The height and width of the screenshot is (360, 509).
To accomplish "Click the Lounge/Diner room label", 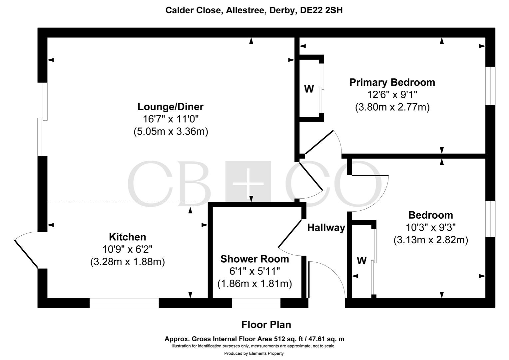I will tap(171, 107).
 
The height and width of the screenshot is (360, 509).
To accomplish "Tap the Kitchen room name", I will tap(128, 237).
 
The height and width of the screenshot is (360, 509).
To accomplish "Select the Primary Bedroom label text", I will tap(392, 82).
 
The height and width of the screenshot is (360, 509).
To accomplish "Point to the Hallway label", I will tap(326, 228).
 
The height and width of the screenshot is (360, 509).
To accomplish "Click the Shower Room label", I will tap(255, 259).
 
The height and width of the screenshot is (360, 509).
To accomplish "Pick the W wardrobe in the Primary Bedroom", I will tap(309, 89).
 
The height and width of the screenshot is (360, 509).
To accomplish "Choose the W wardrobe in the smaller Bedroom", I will tap(362, 261).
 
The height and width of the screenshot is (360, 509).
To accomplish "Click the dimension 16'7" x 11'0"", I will tap(171, 119).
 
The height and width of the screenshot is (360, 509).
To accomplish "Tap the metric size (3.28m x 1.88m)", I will tap(128, 262).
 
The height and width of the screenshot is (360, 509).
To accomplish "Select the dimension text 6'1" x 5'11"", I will tap(255, 271).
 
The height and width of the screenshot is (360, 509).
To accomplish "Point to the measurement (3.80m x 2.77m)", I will tap(392, 107).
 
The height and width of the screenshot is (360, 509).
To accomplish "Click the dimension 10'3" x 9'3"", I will tap(431, 227).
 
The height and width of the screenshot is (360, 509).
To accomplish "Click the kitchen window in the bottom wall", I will tap(124, 303).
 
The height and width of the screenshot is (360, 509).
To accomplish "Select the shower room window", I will tap(256, 303).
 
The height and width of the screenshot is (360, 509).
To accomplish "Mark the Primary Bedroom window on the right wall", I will tap(490, 86).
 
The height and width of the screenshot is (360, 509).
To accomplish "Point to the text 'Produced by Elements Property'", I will tap(254, 353).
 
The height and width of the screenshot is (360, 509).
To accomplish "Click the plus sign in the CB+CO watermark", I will tap(248, 183).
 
